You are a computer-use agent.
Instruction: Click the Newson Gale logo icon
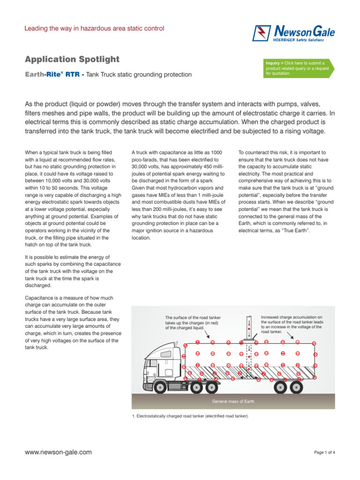[261, 33]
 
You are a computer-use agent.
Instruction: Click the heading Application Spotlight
[72, 59]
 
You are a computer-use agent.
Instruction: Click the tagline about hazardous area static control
[94, 29]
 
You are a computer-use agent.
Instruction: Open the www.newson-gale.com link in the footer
[58, 452]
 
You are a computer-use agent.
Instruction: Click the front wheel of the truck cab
[160, 387]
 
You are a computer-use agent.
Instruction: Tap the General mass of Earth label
[233, 402]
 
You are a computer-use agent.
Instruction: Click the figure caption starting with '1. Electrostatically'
[191, 416]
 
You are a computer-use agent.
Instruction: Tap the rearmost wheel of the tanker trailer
[296, 387]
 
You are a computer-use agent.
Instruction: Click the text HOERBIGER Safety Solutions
[305, 41]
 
